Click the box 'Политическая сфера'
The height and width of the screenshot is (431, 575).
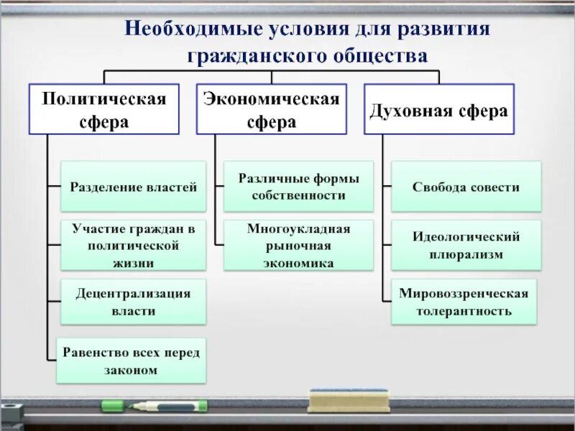click(104, 109)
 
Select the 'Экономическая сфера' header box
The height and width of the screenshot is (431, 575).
click(271, 109)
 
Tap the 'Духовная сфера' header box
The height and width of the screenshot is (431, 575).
click(438, 109)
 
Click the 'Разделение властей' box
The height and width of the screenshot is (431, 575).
click(133, 187)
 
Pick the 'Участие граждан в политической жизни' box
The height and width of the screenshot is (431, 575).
click(133, 245)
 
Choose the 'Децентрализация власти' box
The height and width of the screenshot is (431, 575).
click(133, 302)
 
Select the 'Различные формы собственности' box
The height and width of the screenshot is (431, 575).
click(298, 186)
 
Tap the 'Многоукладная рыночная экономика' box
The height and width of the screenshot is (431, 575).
click(298, 245)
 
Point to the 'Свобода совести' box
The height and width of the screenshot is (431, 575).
click(466, 187)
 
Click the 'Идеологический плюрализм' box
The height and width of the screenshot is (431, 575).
click(466, 245)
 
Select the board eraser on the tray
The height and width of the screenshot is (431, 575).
click(349, 400)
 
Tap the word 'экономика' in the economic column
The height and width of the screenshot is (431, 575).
click(298, 263)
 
